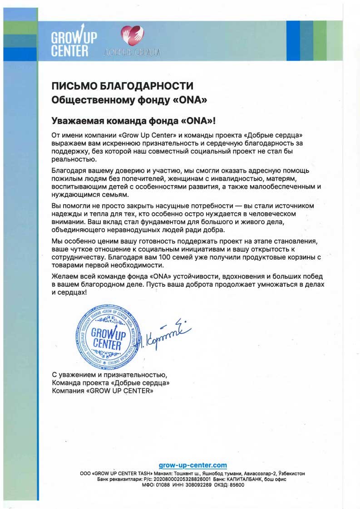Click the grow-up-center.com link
click(x=193, y=465)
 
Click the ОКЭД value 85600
click(x=236, y=485)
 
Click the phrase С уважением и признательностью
click(x=110, y=375)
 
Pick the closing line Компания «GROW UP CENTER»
click(x=103, y=391)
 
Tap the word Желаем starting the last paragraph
click(x=67, y=276)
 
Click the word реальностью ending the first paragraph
click(x=74, y=160)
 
